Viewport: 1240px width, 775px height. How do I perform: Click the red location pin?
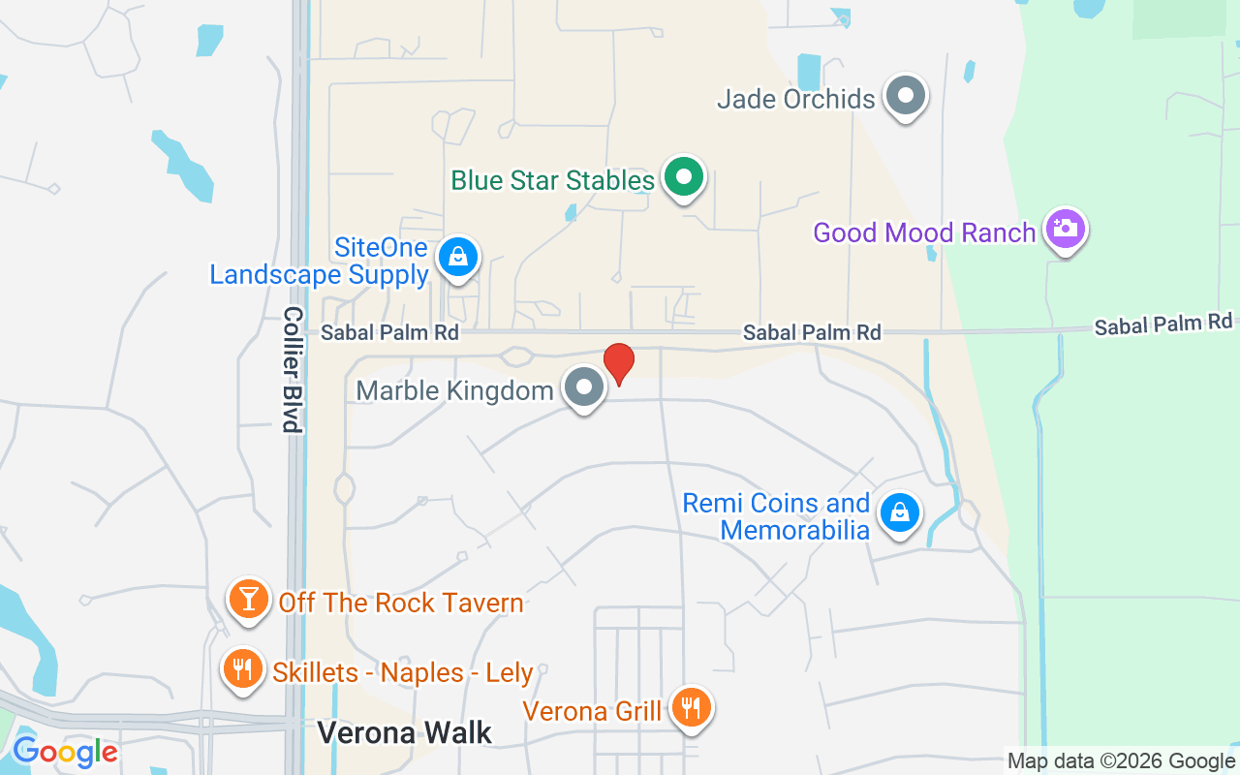619,363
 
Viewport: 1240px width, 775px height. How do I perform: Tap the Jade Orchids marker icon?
906,97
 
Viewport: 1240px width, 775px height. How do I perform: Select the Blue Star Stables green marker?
684,178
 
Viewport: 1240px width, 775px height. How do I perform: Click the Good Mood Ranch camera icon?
1065,230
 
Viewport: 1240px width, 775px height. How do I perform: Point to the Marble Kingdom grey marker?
583,387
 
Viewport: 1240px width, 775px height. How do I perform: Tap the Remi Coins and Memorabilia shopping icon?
900,513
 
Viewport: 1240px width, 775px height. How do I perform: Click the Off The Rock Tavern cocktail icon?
249,600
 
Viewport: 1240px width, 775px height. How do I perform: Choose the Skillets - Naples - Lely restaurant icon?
242,669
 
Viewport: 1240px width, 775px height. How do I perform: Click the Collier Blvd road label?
294,370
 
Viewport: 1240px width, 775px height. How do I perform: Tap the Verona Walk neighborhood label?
405,732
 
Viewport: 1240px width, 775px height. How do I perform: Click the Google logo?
65,752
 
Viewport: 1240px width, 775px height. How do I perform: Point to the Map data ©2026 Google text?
1120,761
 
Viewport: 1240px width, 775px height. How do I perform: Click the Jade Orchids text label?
795,99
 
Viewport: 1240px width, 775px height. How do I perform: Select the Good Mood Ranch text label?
924,232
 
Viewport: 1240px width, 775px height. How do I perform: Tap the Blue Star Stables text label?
553,181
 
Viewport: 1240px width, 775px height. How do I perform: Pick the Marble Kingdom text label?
454,390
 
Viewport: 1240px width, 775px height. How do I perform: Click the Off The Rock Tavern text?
400,603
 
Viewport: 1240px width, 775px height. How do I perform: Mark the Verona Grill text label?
592,711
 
